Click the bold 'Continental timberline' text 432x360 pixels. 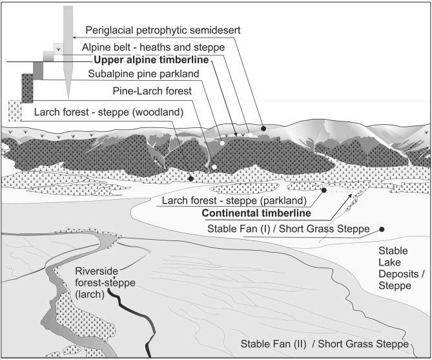point(255,213)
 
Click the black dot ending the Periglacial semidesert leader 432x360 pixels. point(263,129)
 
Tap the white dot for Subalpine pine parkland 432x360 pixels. point(221,142)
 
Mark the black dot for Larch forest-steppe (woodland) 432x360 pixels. point(190,178)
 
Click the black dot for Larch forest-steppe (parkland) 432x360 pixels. point(323,190)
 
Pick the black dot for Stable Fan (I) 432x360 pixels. point(382,229)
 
